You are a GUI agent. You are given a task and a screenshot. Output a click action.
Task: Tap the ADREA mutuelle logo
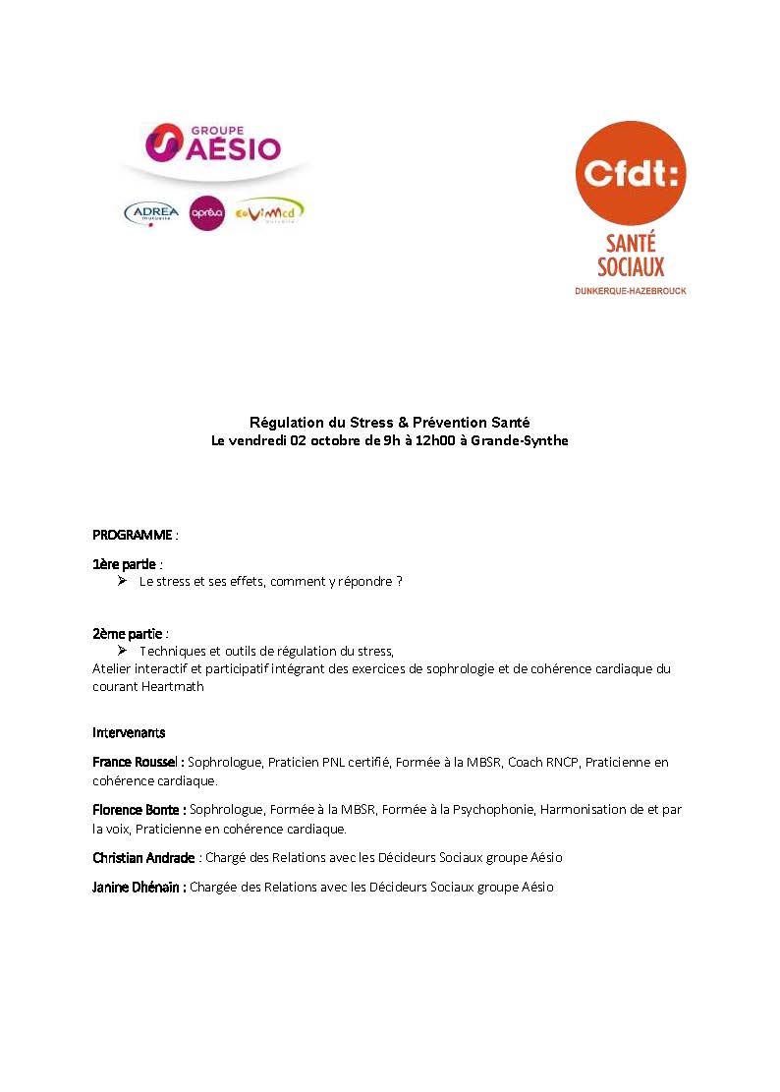coord(152,212)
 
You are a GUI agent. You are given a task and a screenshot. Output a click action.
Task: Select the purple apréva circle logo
coord(207,212)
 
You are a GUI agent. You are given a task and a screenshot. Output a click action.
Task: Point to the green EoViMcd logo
coord(272,211)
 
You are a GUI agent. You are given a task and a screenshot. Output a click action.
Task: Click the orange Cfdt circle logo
coord(630,175)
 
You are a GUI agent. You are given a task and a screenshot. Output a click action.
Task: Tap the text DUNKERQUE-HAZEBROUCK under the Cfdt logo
coord(630,292)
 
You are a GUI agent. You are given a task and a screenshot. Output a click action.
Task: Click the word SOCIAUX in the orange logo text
coord(631,266)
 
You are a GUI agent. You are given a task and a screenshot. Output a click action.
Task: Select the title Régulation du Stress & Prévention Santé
coord(390,422)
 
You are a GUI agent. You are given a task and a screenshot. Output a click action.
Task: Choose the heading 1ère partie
coord(125,564)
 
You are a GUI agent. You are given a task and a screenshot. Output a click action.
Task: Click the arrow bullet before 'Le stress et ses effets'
coord(122,581)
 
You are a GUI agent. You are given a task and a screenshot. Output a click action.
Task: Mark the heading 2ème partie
coord(127,634)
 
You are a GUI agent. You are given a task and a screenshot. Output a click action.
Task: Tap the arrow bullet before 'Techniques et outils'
coord(122,651)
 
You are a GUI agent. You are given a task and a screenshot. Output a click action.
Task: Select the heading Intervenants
coord(129,733)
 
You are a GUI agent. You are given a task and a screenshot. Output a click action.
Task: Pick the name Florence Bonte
coord(137,810)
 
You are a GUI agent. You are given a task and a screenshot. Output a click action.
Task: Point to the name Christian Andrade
coord(143,858)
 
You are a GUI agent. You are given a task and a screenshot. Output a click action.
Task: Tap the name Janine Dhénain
coord(138,887)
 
